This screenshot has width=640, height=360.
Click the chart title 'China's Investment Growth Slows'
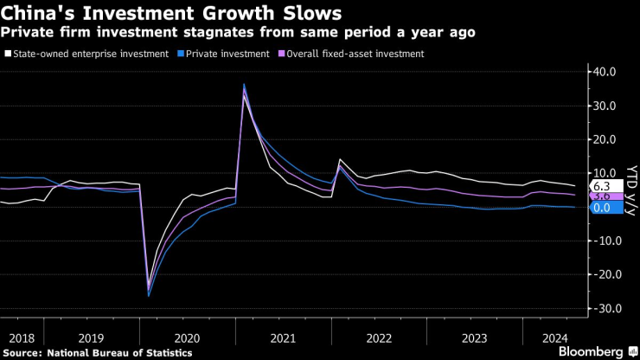pos(172,14)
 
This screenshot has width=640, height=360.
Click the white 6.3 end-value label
pos(603,186)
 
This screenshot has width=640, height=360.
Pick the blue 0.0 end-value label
pos(603,208)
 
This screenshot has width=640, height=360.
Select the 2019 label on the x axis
pos(91,337)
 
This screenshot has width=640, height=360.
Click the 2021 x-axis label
pos(283,337)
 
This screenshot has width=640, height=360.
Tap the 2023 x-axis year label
pos(475,337)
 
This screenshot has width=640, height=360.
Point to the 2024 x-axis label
pos(554,337)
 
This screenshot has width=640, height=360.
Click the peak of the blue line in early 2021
pos(244,84)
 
